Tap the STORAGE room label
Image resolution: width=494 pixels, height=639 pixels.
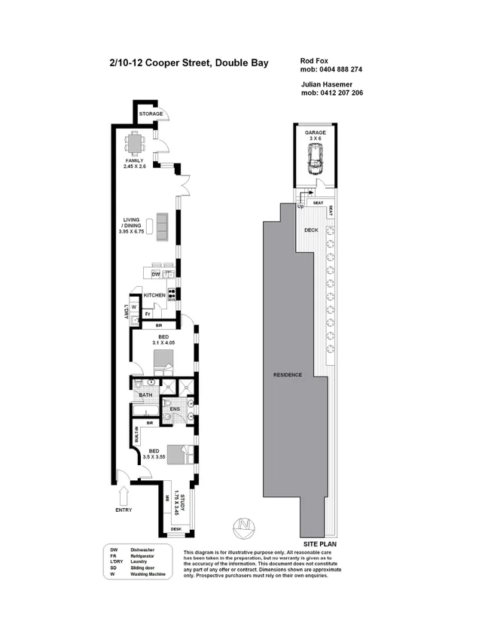[x=151, y=114]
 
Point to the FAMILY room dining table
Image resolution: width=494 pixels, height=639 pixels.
[x=136, y=141]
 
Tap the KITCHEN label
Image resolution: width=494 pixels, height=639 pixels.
[x=154, y=295]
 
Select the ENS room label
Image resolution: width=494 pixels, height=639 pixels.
[x=186, y=411]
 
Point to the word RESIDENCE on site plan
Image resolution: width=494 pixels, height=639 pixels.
[x=288, y=375]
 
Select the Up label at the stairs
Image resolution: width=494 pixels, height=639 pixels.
[x=300, y=206]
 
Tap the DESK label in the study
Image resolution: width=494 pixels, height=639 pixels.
[x=176, y=530]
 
